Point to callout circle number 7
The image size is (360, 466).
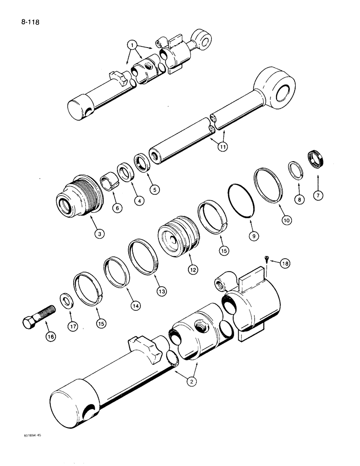click(318, 195)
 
